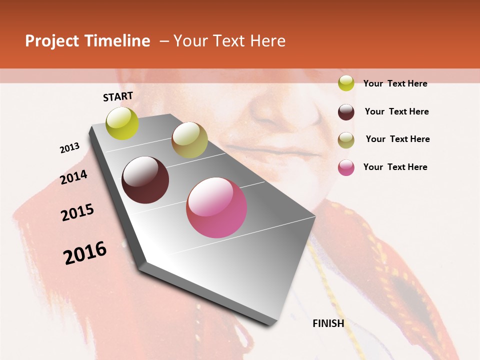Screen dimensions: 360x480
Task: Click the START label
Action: tap(118, 96)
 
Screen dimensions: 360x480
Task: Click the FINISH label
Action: tap(328, 323)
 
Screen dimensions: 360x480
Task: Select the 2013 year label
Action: tap(70, 148)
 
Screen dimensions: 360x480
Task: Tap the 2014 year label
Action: tap(74, 177)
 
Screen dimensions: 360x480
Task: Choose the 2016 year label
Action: tap(85, 253)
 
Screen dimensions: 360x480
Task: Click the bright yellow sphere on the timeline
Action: tap(122, 123)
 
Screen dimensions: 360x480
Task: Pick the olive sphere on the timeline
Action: tap(189, 140)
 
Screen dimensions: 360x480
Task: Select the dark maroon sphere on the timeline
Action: tap(145, 180)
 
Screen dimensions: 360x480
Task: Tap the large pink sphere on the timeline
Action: tap(216, 207)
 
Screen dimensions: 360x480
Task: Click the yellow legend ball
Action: tap(346, 83)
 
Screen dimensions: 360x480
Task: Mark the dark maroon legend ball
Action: tap(346, 112)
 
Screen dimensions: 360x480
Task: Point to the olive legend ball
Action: tap(346, 140)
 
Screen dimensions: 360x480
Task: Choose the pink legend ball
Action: tap(346, 167)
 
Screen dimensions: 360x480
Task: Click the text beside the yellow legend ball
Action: tap(395, 84)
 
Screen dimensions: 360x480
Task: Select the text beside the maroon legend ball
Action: tap(397, 111)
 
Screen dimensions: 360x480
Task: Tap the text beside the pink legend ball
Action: tap(395, 167)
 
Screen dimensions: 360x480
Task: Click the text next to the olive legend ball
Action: tap(398, 139)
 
